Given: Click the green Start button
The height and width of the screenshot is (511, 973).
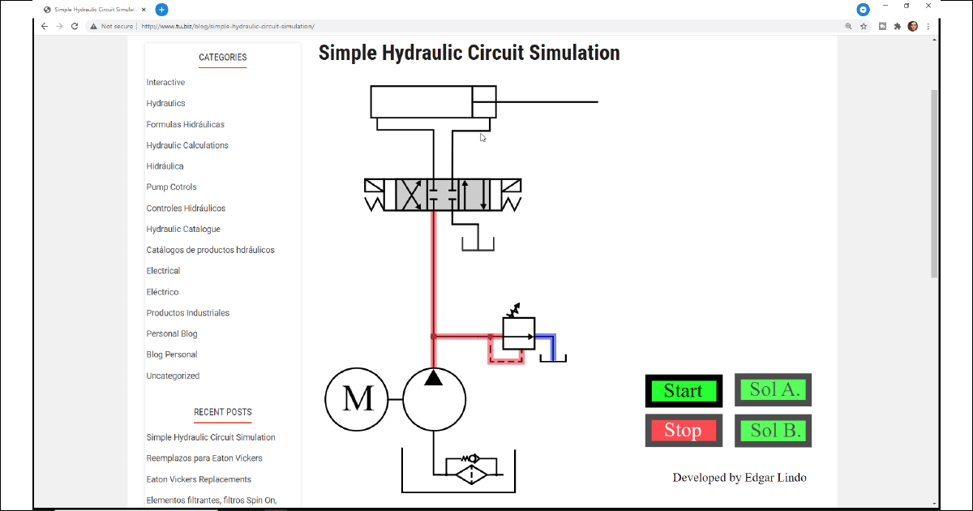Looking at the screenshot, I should pyautogui.click(x=683, y=391).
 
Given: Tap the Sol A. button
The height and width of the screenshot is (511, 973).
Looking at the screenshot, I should pyautogui.click(x=774, y=390).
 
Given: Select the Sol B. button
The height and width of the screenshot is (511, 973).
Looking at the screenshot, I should pyautogui.click(x=774, y=431).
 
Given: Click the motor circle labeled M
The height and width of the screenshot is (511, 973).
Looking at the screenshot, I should pyautogui.click(x=357, y=399).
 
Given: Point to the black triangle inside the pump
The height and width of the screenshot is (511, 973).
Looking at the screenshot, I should pyautogui.click(x=434, y=378).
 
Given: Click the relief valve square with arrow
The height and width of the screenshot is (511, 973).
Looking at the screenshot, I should pyautogui.click(x=519, y=333).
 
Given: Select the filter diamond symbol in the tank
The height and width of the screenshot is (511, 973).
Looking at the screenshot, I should pyautogui.click(x=470, y=472).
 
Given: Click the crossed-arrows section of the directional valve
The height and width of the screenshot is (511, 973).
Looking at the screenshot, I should pyautogui.click(x=411, y=195).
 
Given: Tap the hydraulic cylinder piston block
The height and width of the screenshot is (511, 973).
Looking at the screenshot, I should pyautogui.click(x=484, y=102).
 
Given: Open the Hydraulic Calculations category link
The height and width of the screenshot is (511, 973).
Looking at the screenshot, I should pyautogui.click(x=187, y=145).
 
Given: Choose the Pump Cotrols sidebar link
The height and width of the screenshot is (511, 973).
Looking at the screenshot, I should pyautogui.click(x=171, y=187).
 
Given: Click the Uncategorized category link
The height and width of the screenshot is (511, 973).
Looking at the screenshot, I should pyautogui.click(x=173, y=376).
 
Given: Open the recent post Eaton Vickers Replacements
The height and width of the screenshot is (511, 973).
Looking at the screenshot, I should pyautogui.click(x=199, y=479).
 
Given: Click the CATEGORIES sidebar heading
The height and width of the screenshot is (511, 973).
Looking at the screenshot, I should pyautogui.click(x=222, y=58).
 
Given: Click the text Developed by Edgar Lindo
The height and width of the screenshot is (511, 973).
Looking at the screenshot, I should pyautogui.click(x=739, y=478).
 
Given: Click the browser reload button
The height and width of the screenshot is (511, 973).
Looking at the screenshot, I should pyautogui.click(x=75, y=26).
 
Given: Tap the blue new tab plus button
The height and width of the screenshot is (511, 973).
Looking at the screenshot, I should pyautogui.click(x=161, y=10).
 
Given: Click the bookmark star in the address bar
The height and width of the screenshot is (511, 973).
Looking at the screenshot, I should pyautogui.click(x=864, y=26).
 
